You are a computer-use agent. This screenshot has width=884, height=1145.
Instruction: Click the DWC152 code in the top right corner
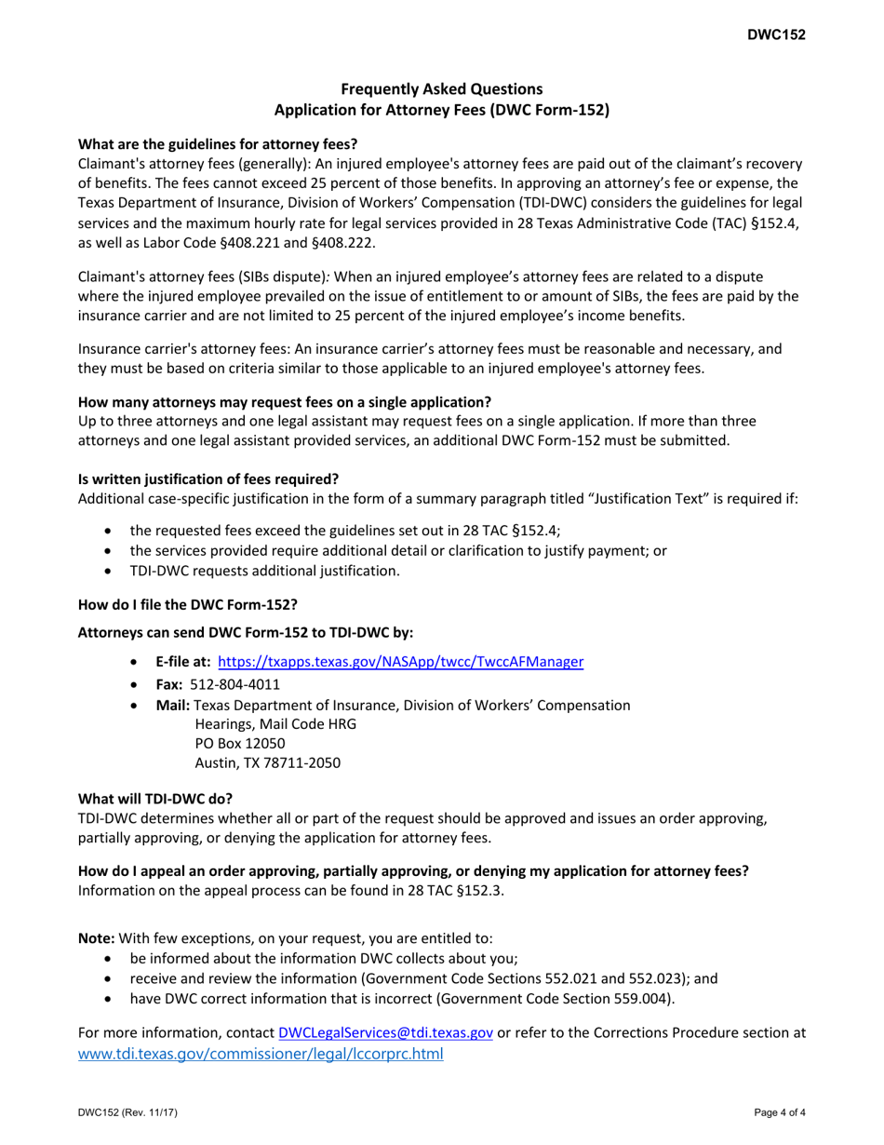[x=775, y=35]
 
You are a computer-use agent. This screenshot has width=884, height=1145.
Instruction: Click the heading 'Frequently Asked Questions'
[x=441, y=89]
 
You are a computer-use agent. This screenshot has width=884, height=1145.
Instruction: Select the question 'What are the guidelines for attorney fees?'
[x=217, y=144]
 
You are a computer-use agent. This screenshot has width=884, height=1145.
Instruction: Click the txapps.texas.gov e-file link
[x=400, y=662]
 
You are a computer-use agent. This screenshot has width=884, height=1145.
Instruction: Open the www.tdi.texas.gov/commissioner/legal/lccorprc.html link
[x=261, y=1054]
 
